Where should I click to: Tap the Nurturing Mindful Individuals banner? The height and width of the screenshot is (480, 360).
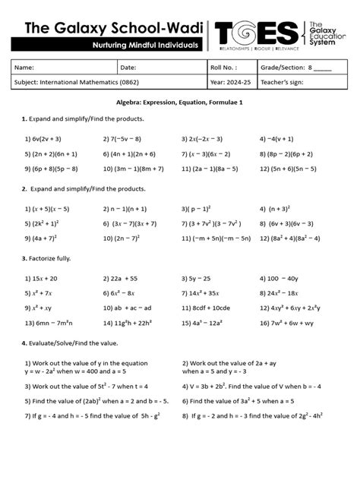click(x=144, y=46)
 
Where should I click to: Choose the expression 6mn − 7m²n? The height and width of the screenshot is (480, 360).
click(x=46, y=324)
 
